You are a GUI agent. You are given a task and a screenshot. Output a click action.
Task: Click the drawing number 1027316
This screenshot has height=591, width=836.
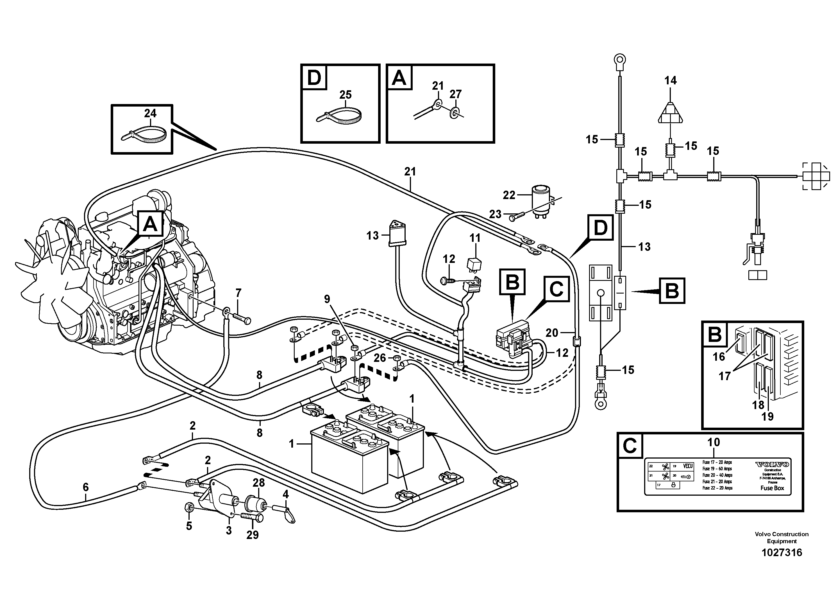click(782, 552)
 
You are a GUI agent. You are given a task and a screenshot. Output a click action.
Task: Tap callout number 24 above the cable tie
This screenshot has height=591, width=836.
click(150, 113)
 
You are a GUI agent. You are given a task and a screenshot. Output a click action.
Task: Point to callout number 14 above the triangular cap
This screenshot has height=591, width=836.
click(670, 80)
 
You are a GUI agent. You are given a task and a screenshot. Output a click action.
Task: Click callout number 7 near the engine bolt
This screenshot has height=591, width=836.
click(238, 293)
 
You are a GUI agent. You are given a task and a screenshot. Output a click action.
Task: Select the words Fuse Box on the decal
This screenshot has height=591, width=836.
click(772, 488)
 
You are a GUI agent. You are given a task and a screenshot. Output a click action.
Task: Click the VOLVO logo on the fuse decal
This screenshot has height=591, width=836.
click(772, 464)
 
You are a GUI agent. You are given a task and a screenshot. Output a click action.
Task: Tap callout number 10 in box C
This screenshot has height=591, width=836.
click(713, 442)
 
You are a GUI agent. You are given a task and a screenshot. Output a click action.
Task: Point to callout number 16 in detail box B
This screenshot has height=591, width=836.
click(719, 356)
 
